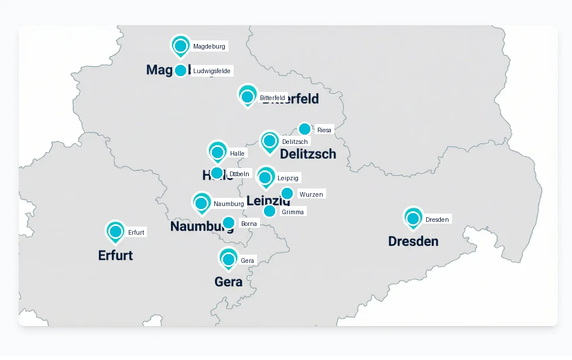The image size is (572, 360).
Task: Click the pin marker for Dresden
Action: pyautogui.click(x=413, y=218)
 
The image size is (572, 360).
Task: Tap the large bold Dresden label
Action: pyautogui.click(x=413, y=241)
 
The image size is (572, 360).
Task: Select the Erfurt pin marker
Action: pyautogui.click(x=115, y=232)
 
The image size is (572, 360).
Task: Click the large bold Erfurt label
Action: pyautogui.click(x=115, y=255)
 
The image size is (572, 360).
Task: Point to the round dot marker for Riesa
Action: pyautogui.click(x=304, y=129)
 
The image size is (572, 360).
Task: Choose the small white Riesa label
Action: pyautogui.click(x=324, y=130)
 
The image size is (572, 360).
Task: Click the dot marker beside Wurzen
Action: pyautogui.click(x=287, y=194)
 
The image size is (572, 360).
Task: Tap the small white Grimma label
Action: pyautogui.click(x=293, y=212)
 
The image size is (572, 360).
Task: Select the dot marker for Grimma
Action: pyautogui.click(x=269, y=211)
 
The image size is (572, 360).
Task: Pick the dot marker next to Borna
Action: pyautogui.click(x=228, y=223)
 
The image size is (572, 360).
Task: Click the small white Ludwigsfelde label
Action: pyautogui.click(x=212, y=71)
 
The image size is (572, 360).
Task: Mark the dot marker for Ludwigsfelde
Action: pyautogui.click(x=180, y=71)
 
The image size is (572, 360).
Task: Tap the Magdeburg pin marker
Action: pyautogui.click(x=180, y=46)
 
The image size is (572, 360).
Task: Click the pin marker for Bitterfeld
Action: pyautogui.click(x=247, y=97)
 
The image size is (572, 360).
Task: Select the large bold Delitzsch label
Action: pyautogui.click(x=308, y=154)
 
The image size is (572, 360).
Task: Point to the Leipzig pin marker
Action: pyautogui.click(x=265, y=177)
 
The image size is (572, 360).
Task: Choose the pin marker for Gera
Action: pyautogui.click(x=228, y=259)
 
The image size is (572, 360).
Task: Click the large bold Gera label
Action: pyautogui.click(x=228, y=282)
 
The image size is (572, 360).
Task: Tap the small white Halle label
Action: pyautogui.click(x=237, y=153)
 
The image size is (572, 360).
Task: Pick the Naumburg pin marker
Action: pyautogui.click(x=201, y=203)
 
